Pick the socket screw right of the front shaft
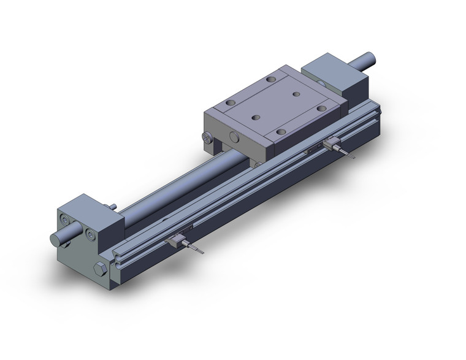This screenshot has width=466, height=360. coord(91,234)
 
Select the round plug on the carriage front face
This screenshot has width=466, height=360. coord(234,137)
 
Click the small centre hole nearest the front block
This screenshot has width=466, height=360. coord(254,115)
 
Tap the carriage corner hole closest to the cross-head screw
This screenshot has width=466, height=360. coord(230,104)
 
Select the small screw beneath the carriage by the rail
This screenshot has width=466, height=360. coord(254,163)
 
